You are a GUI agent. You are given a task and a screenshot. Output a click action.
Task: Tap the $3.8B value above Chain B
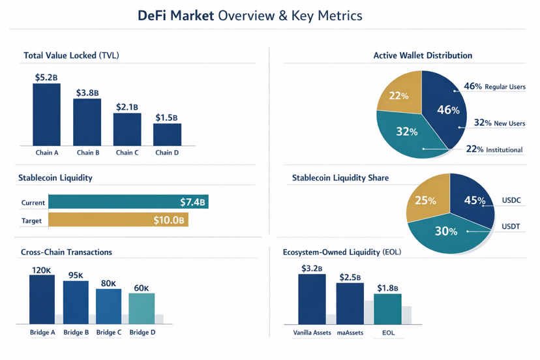pyautogui.click(x=87, y=93)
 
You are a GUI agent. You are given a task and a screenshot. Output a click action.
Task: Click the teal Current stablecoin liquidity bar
pyautogui.click(x=128, y=202)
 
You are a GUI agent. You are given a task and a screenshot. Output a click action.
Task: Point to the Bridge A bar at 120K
pyautogui.click(x=42, y=299)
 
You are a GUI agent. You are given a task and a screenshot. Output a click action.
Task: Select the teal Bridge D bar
pyautogui.click(x=142, y=308)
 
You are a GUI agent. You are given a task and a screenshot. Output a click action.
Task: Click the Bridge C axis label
pyautogui.click(x=109, y=333)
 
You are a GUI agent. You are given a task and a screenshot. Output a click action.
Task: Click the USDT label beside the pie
pyautogui.click(x=511, y=227)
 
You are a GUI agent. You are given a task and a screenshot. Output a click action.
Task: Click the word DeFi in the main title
pyautogui.click(x=156, y=16)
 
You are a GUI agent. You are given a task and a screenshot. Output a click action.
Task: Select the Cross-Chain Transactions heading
pyautogui.click(x=67, y=252)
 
